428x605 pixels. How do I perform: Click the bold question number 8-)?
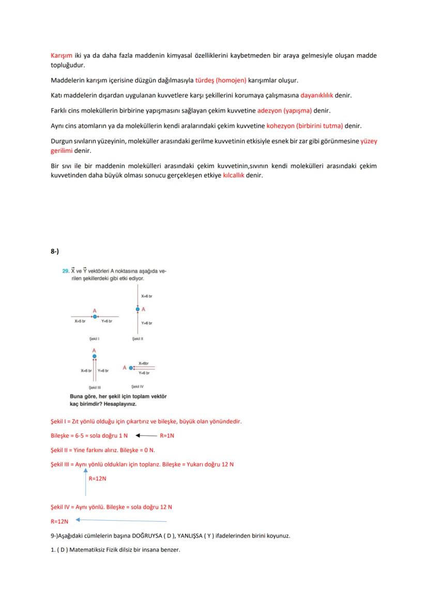coord(55,251)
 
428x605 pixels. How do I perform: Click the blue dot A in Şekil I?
coord(95,316)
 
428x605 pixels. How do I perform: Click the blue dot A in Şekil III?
coord(94,356)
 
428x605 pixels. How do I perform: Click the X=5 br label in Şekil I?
coord(80,321)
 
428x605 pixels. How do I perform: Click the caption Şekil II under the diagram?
coord(137,339)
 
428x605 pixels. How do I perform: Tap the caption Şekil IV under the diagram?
coord(137,386)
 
